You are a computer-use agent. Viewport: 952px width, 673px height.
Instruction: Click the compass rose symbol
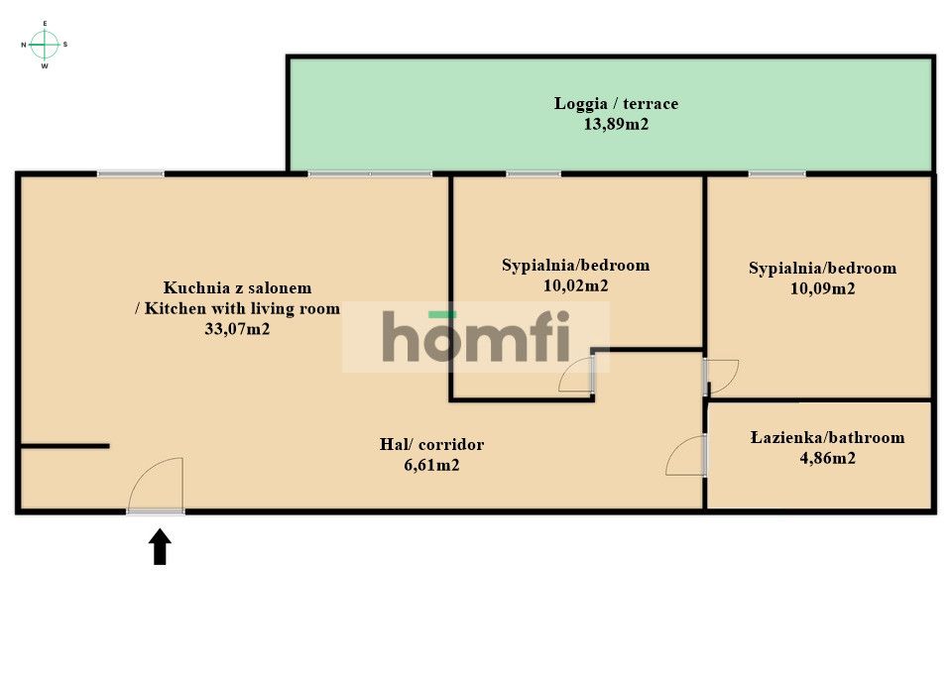45,44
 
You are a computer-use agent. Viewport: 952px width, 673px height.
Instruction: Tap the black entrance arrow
160,547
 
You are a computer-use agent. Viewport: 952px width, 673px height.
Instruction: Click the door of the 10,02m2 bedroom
577,376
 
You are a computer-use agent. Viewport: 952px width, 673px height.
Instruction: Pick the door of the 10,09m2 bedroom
721,377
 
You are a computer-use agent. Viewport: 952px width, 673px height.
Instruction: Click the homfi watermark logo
476,337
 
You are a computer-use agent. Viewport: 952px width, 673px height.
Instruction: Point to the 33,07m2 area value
237,330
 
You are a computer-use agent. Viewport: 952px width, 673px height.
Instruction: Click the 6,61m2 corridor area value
431,464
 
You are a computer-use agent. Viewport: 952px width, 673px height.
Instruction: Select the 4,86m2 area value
827,458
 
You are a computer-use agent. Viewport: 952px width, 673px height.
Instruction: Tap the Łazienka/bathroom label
827,437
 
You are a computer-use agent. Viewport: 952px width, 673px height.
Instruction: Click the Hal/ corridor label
431,444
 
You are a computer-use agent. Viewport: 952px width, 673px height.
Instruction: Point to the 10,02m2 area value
575,285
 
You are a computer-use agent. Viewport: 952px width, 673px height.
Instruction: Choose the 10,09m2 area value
822,289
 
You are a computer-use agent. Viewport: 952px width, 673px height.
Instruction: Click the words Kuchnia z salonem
237,287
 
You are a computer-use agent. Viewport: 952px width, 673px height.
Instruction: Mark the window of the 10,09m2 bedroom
776,174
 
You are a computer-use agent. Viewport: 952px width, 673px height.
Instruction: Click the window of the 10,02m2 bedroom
534,174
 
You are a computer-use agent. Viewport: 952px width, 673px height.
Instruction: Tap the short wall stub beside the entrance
64,446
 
